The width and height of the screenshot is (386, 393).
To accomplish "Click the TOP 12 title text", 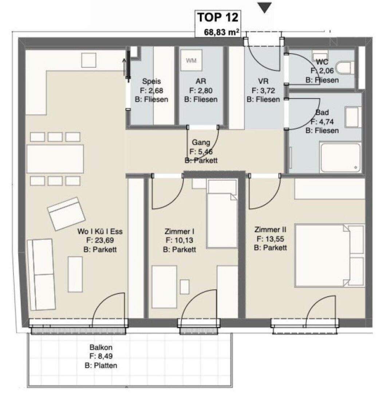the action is (x=218, y=17).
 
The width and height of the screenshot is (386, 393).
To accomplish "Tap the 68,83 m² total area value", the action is (x=221, y=32).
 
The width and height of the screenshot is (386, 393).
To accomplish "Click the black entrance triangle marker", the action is (x=265, y=8).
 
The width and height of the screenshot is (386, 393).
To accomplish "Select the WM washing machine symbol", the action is (x=191, y=60).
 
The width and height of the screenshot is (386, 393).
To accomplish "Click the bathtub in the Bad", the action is (x=340, y=158).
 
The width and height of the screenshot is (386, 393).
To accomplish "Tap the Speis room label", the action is (x=151, y=81).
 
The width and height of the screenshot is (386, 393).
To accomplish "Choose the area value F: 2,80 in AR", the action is (x=201, y=90).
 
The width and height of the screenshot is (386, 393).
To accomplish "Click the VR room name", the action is (x=263, y=81).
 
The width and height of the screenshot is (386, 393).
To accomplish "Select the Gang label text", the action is (x=201, y=142).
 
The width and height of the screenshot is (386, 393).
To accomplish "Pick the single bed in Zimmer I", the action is (x=222, y=214).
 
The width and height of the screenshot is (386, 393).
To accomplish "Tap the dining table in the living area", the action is (x=55, y=159).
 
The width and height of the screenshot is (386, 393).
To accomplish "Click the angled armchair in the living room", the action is (x=67, y=214).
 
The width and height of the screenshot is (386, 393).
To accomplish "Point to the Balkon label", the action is (x=101, y=348).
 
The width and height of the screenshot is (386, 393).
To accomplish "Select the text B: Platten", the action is (x=101, y=365).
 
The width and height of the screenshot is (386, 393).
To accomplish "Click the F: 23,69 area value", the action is (x=100, y=240).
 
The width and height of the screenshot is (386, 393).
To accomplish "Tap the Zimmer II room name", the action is (x=270, y=230).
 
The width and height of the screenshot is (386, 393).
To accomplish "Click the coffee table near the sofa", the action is (x=75, y=274).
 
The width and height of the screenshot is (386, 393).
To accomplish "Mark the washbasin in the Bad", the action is (x=353, y=117).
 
